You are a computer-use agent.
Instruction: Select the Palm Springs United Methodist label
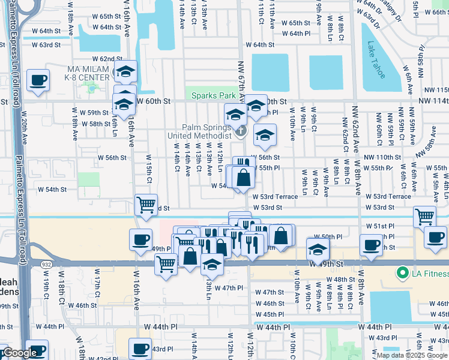click(207, 131)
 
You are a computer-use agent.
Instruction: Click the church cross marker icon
click(240, 131)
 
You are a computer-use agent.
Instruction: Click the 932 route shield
click(44, 264)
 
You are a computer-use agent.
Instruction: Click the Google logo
click(19, 353)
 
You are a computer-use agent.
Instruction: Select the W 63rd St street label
click(46, 45)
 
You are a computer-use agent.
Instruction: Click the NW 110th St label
click(383, 157)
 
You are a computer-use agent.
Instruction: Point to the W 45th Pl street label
click(269, 314)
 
